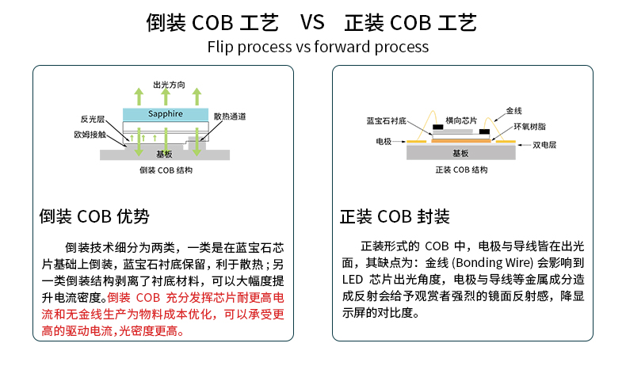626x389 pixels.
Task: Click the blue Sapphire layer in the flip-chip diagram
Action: tap(165, 114)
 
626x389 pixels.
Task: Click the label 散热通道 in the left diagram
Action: tap(229, 116)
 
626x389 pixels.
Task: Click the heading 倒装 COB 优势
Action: tap(94, 216)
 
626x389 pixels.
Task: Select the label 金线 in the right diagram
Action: tap(513, 111)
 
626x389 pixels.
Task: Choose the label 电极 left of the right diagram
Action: tap(384, 141)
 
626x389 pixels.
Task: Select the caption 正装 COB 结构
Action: tap(461, 170)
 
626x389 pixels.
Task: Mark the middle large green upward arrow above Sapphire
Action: tap(166, 97)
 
